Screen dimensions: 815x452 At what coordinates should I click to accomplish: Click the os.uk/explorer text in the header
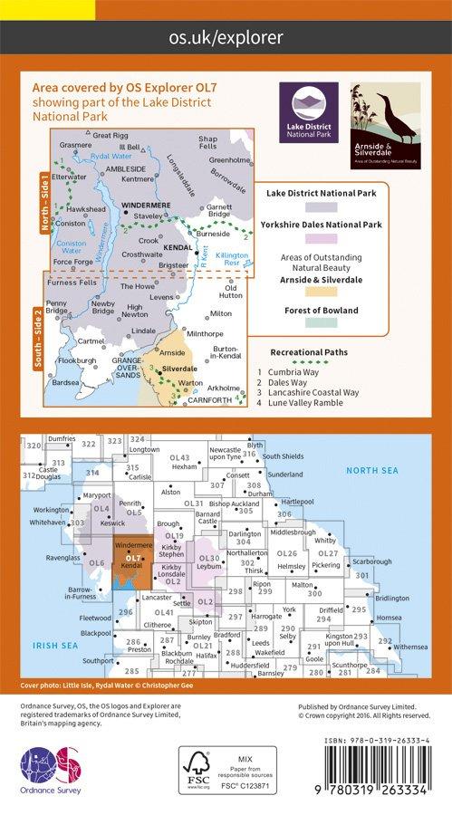[226, 37]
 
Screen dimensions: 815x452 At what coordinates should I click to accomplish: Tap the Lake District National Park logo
[312, 113]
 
